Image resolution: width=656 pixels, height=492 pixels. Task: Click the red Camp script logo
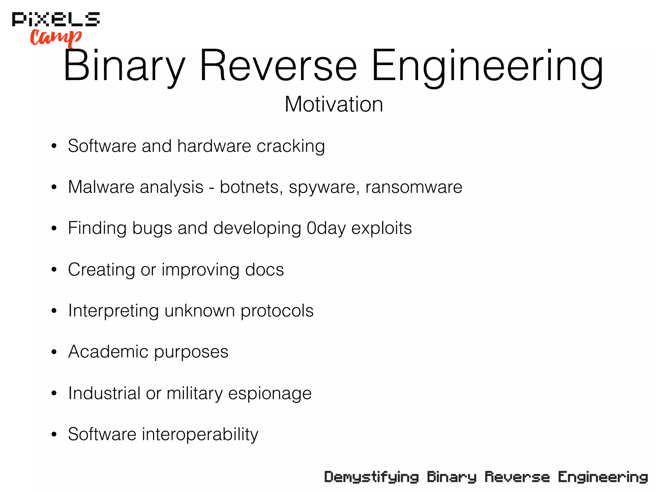click(x=56, y=37)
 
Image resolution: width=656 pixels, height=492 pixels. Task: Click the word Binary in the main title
click(x=124, y=66)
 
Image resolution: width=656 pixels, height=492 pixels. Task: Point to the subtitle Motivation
click(x=334, y=104)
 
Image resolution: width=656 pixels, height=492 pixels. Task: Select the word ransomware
click(x=414, y=187)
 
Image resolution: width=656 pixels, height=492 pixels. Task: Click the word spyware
click(x=324, y=187)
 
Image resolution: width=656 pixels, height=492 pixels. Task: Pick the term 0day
click(x=326, y=228)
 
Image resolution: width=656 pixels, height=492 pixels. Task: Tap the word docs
click(x=264, y=269)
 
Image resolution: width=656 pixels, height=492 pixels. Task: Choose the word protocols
click(x=277, y=311)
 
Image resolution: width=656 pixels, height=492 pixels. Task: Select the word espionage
click(x=270, y=393)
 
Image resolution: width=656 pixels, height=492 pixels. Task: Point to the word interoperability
click(x=200, y=434)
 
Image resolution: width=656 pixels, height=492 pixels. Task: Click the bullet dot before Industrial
click(x=54, y=393)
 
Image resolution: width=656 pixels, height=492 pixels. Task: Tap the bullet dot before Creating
click(x=54, y=270)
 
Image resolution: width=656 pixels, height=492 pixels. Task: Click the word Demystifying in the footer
click(x=371, y=477)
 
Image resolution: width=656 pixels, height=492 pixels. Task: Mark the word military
click(x=194, y=393)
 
